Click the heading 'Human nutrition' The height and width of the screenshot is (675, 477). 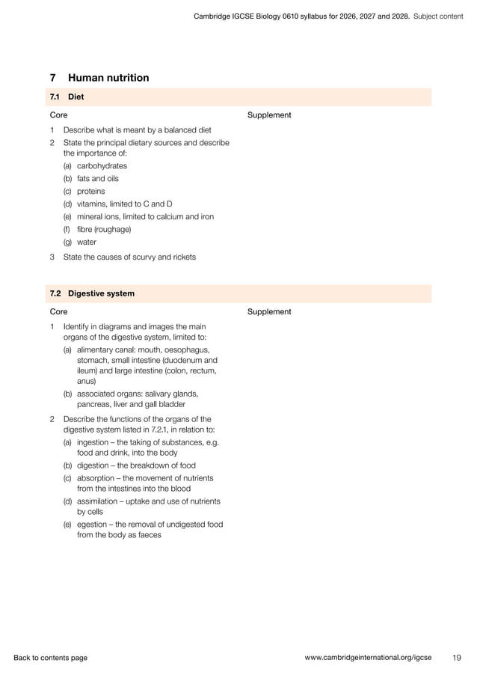[x=108, y=78]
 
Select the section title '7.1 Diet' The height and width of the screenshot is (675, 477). [x=67, y=97]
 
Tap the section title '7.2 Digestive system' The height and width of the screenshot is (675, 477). [x=92, y=293]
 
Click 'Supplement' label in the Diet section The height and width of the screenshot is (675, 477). [x=268, y=115]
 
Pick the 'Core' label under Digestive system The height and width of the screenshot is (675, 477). [x=58, y=311]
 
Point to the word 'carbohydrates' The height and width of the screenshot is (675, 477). [x=102, y=166]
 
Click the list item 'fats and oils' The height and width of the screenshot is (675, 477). [x=97, y=179]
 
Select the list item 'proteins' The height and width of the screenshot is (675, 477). [x=91, y=192]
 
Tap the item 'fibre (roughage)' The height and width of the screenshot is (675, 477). [x=103, y=230]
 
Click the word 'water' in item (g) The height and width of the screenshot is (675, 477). [x=87, y=242]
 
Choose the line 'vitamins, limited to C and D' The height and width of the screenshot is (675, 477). [x=125, y=204]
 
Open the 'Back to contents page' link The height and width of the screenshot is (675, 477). [x=50, y=658]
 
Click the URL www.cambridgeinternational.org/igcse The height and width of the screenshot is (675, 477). [x=368, y=658]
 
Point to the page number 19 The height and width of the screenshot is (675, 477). [x=456, y=658]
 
